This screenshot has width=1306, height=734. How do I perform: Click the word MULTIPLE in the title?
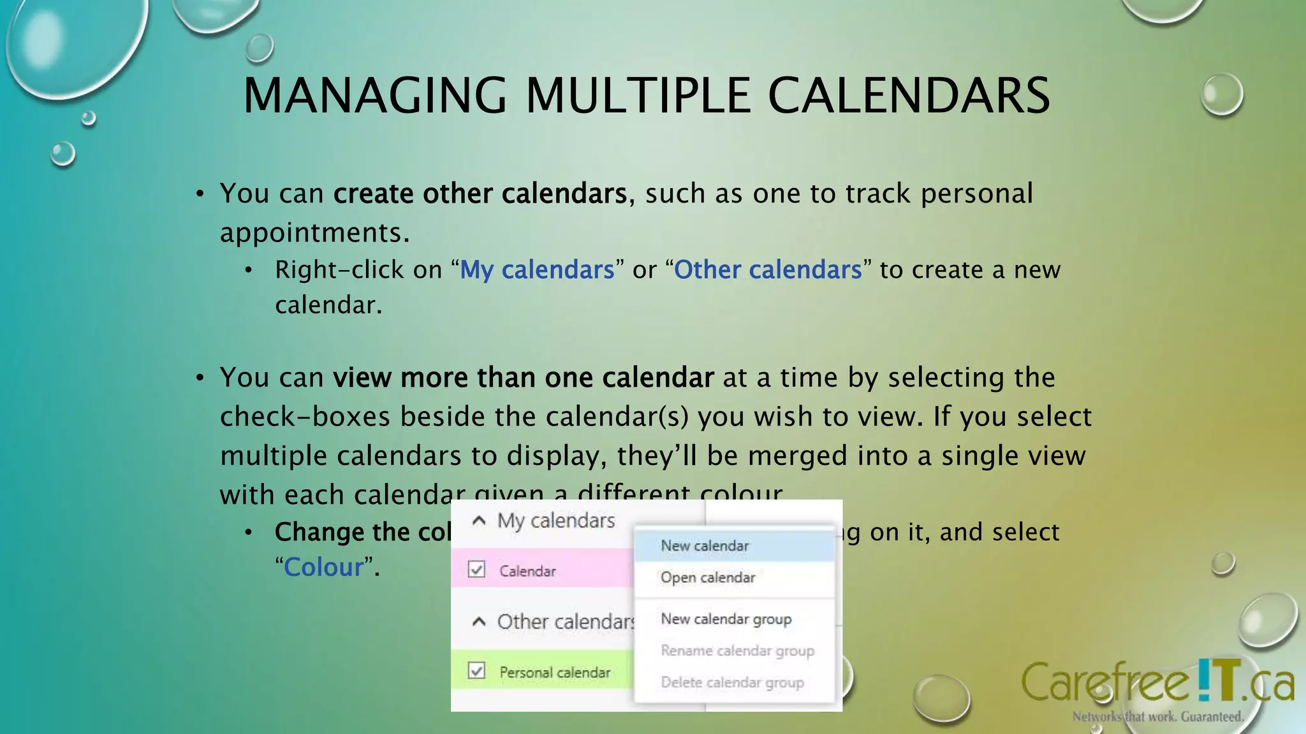pos(637,96)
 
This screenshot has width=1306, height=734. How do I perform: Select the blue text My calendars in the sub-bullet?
pos(537,270)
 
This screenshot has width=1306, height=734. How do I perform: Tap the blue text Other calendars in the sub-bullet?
pos(768,270)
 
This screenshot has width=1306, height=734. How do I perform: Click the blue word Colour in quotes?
pos(323,567)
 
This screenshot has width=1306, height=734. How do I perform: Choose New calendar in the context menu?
pos(705,546)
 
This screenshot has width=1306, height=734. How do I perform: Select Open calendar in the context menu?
pos(708,578)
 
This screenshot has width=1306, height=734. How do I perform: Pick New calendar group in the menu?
pos(726,619)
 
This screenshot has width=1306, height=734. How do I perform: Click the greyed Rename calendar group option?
pos(737,651)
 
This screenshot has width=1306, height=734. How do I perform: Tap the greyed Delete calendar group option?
pos(732,683)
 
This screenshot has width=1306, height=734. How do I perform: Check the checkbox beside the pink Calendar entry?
pos(476,569)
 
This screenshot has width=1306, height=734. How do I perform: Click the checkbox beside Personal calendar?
pos(476,671)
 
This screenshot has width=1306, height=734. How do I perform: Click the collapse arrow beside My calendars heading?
pos(479,521)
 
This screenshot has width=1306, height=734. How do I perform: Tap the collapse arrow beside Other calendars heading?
pos(479,622)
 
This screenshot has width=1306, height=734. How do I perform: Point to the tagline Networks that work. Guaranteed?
pos(1157,717)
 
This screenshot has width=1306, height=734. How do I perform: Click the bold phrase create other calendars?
pos(480,194)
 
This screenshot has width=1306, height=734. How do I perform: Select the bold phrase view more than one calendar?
pos(523,378)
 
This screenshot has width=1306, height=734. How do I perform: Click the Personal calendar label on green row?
pos(555,673)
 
